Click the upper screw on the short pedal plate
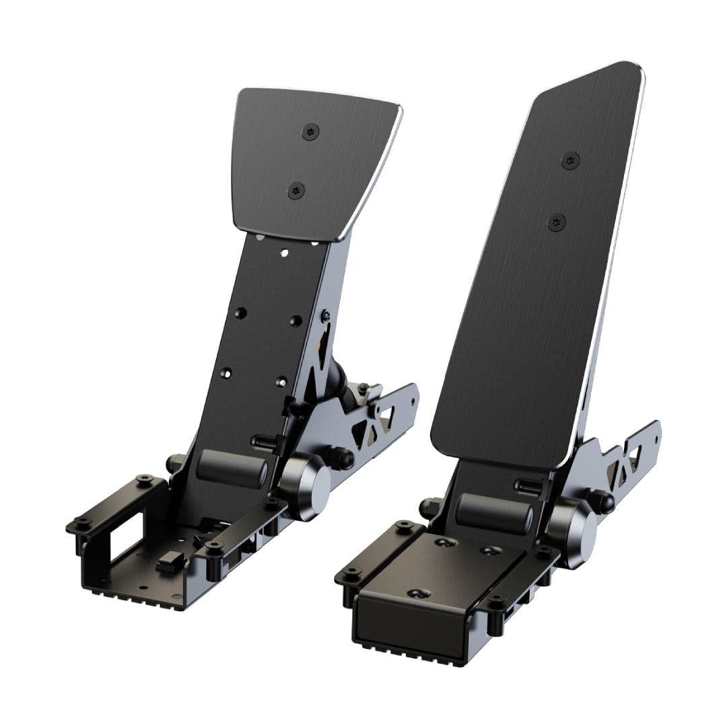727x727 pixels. [x=311, y=131]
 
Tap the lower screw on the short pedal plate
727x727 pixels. [x=296, y=191]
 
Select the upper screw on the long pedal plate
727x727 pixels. [x=571, y=160]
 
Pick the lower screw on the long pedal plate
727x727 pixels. [x=556, y=222]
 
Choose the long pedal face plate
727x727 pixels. [x=539, y=269]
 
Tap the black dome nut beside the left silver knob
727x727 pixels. [x=346, y=458]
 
